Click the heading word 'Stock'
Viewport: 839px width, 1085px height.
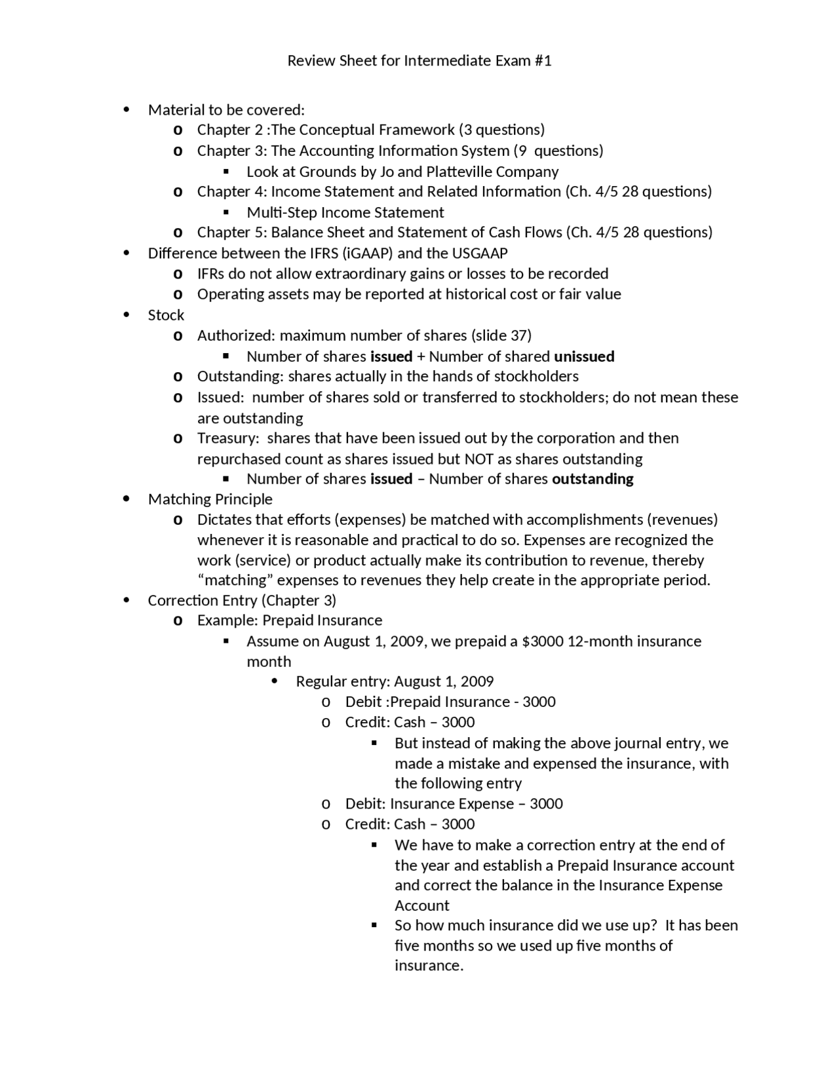(166, 315)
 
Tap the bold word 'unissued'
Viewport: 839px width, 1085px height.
(584, 356)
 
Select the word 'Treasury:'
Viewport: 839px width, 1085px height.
(228, 438)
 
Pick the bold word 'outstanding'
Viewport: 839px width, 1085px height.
(593, 479)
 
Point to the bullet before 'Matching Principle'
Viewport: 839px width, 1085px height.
(127, 499)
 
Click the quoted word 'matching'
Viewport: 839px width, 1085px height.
(239, 581)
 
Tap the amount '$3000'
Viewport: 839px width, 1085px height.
(542, 641)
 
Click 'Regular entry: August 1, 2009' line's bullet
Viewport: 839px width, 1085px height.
(275, 681)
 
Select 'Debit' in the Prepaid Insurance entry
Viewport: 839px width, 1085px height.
(363, 702)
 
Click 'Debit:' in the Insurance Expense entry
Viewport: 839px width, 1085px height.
(365, 804)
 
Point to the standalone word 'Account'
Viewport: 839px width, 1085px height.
(421, 905)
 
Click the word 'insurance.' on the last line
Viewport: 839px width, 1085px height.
(429, 966)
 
